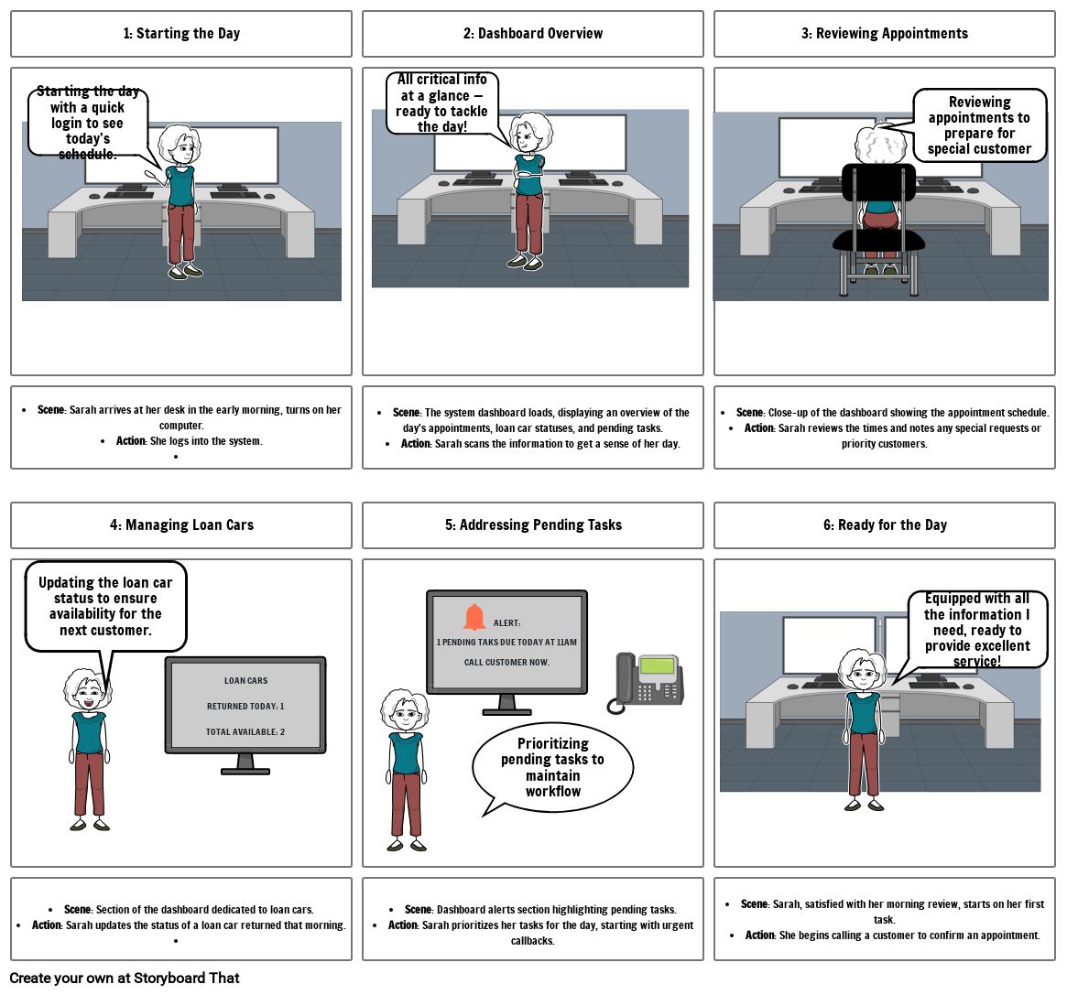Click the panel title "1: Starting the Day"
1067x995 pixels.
[x=181, y=34]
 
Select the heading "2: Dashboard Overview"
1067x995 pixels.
[x=532, y=34]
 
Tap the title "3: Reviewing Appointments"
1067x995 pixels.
[x=884, y=34]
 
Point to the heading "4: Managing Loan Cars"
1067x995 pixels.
[x=181, y=525]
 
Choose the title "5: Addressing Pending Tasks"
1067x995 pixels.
[x=532, y=525]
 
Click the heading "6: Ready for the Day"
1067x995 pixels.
[x=884, y=525]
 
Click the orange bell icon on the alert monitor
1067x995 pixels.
[x=474, y=618]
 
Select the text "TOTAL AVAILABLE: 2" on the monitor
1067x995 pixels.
[x=245, y=731]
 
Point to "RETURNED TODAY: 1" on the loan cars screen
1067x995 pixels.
[x=245, y=707]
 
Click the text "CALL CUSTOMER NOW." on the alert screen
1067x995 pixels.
[x=506, y=662]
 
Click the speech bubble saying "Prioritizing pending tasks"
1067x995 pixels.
[x=552, y=767]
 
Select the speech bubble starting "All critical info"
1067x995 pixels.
[x=442, y=103]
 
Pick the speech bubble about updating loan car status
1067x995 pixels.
[x=105, y=606]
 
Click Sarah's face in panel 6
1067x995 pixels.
[x=862, y=676]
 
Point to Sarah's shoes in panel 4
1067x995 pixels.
[x=89, y=826]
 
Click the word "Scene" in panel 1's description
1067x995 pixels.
[x=50, y=409]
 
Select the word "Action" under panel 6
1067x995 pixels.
[x=759, y=935]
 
